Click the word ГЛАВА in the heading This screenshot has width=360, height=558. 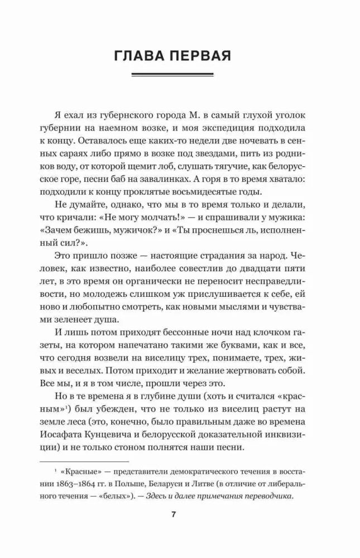[141, 56]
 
